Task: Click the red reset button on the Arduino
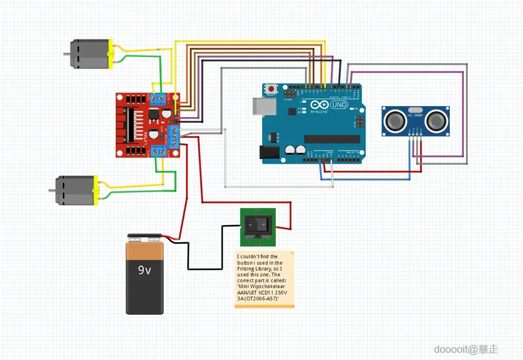[x=271, y=89]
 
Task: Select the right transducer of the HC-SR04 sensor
[x=436, y=121]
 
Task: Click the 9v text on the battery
[x=145, y=270]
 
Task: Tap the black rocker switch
[x=258, y=224]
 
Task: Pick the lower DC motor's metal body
[x=75, y=191]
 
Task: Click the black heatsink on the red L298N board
[x=131, y=125]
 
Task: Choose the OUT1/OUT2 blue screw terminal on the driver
[x=159, y=151]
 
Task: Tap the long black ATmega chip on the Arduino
[x=332, y=139]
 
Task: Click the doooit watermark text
[x=449, y=349]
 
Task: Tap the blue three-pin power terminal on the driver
[x=174, y=135]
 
